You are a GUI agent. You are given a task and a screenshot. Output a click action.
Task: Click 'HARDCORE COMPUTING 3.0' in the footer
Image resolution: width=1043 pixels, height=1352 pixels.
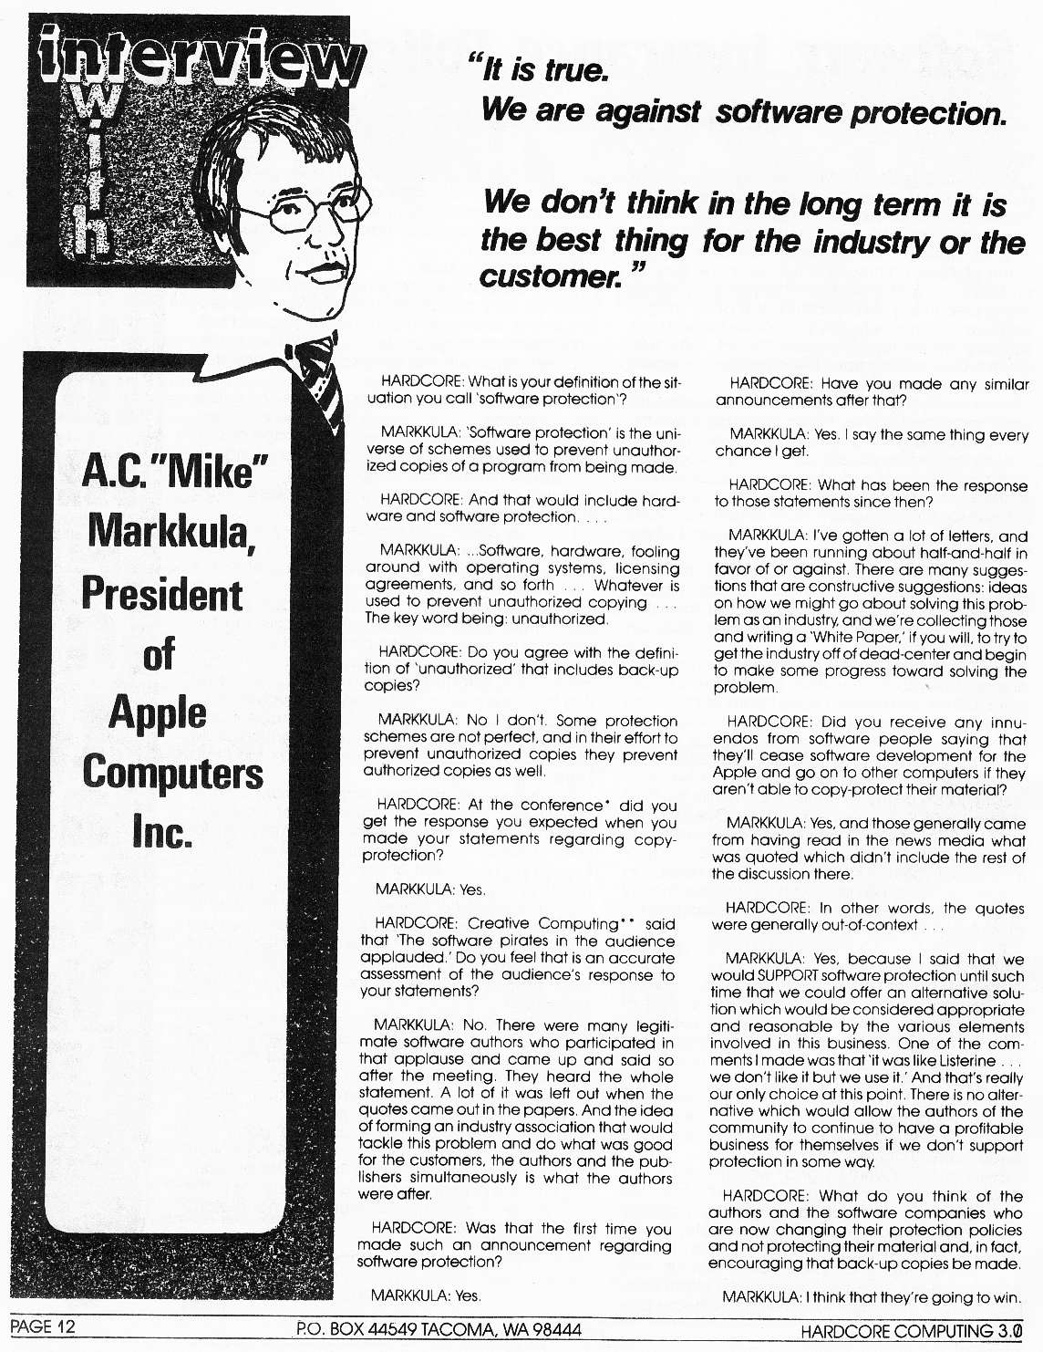912,1331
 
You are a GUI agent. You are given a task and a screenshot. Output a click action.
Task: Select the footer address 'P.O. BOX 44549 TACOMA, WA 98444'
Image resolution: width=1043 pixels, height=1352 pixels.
439,1330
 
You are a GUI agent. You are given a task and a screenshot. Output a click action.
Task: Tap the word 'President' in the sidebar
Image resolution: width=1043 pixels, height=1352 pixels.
162,595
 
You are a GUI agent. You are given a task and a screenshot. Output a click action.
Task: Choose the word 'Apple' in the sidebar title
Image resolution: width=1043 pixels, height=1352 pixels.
158,712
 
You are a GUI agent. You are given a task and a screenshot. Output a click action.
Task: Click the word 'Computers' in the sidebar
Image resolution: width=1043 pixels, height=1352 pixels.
172,773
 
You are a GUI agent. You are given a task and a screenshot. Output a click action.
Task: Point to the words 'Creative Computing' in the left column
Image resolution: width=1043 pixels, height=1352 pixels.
546,923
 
